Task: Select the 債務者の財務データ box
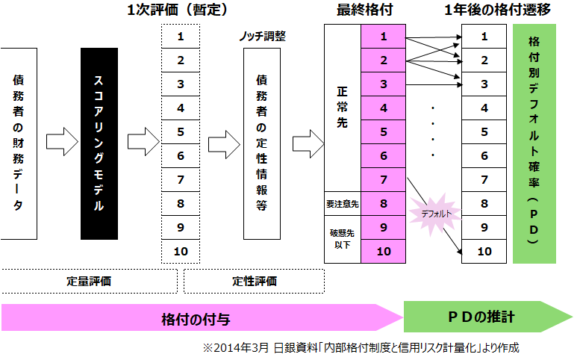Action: click(18, 143)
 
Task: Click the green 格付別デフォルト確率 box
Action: click(534, 143)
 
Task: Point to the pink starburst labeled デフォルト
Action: click(435, 214)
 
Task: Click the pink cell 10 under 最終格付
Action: click(384, 251)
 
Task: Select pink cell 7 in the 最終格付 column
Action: click(384, 179)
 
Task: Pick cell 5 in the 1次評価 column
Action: click(181, 131)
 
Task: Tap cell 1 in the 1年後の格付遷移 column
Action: click(484, 36)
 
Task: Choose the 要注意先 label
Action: click(342, 203)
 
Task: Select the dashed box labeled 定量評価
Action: click(89, 282)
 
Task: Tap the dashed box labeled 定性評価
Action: click(254, 282)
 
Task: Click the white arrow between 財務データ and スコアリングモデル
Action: click(59, 140)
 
